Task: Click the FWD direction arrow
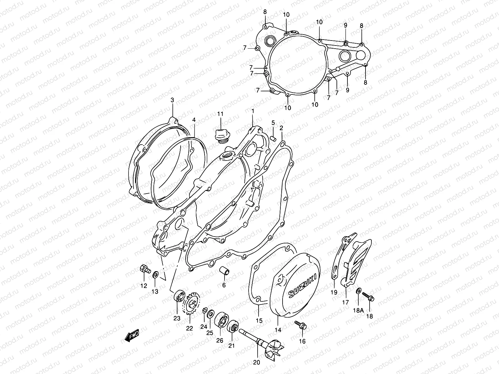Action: (132, 336)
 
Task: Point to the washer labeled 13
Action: (155, 275)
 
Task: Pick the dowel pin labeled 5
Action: (274, 137)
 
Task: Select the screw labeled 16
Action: (300, 325)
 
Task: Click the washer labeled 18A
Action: (359, 291)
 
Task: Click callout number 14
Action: (278, 330)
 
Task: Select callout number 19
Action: (334, 292)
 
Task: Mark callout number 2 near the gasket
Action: (281, 128)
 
